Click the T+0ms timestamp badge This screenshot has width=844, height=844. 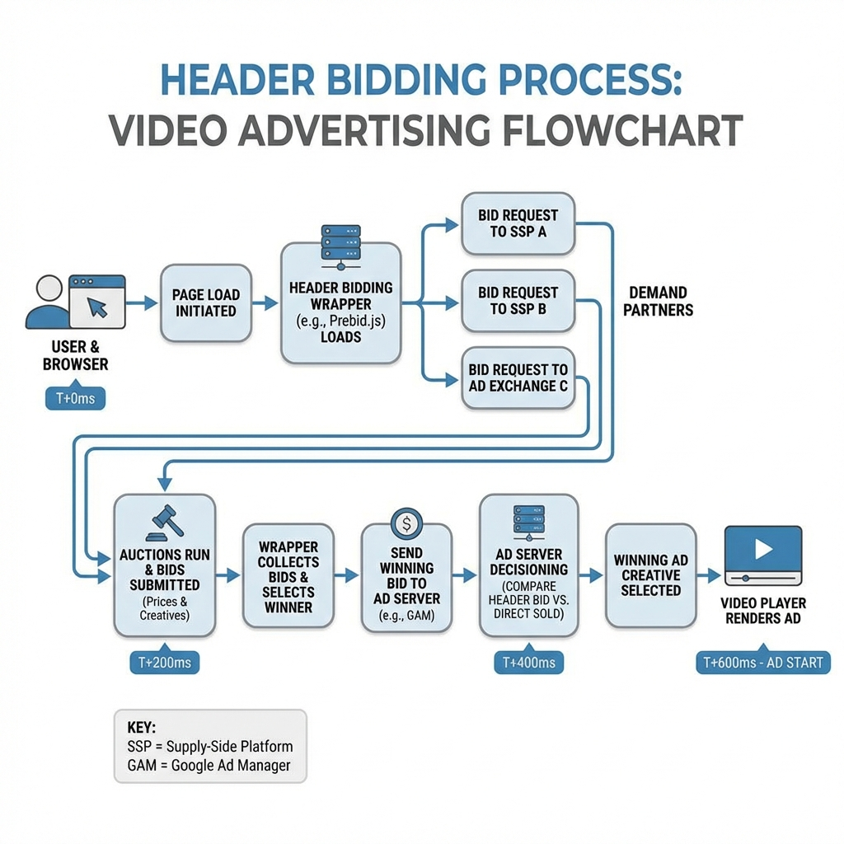tap(74, 399)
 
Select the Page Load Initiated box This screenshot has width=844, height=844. tap(205, 303)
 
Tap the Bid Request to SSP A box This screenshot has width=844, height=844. tap(518, 223)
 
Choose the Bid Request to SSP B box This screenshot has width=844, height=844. tap(518, 301)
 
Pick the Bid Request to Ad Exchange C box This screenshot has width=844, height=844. tap(518, 377)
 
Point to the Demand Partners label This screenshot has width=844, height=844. tap(658, 302)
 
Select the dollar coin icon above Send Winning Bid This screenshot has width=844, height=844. tap(406, 521)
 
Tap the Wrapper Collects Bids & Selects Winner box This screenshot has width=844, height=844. tap(288, 576)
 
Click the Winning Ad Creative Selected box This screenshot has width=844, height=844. tap(650, 575)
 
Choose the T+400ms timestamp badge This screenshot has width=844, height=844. tap(523, 662)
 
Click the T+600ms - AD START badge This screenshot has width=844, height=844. tap(762, 662)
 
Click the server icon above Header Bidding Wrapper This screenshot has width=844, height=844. tap(340, 245)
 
